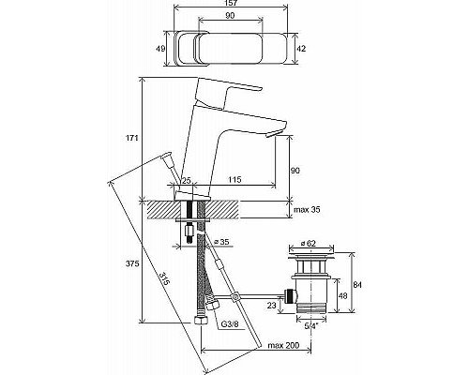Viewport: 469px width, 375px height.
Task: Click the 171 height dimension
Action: tap(131, 139)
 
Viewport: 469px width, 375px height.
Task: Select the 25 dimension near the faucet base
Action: tap(186, 179)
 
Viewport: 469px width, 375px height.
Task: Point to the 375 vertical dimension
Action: tap(131, 265)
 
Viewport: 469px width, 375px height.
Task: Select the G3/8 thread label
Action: tap(230, 323)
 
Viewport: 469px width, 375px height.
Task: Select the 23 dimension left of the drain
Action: tap(270, 305)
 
